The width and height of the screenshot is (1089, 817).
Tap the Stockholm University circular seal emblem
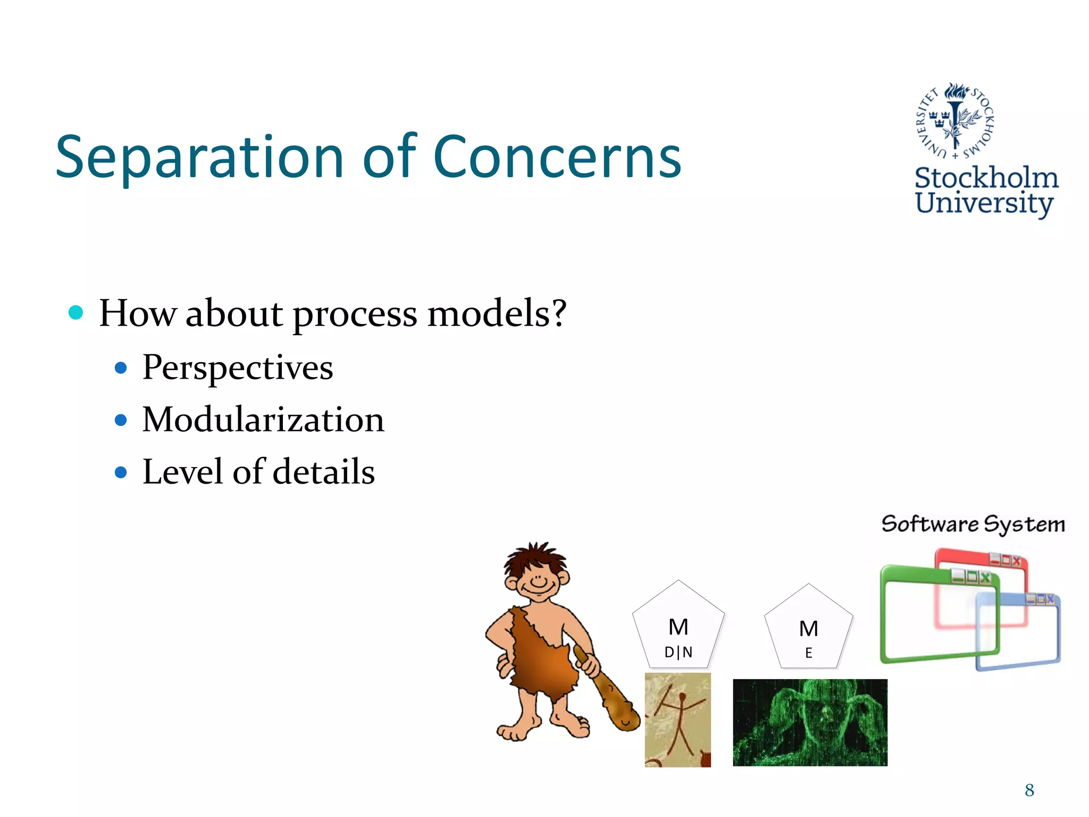tap(956, 121)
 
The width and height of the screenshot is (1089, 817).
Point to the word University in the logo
tap(984, 203)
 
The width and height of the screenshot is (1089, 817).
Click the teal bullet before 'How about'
tap(76, 312)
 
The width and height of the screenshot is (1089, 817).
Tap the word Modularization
tap(263, 420)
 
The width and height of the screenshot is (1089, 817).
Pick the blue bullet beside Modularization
tap(121, 420)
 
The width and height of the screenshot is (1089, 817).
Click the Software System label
tap(973, 524)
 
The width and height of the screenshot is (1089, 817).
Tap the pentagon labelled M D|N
tap(678, 628)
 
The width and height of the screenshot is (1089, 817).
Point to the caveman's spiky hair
tap(536, 558)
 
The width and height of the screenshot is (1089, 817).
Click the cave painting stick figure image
tap(677, 719)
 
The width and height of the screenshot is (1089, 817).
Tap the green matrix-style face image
tap(810, 722)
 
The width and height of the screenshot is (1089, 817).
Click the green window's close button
tap(985, 577)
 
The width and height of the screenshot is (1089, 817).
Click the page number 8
tap(1029, 790)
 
